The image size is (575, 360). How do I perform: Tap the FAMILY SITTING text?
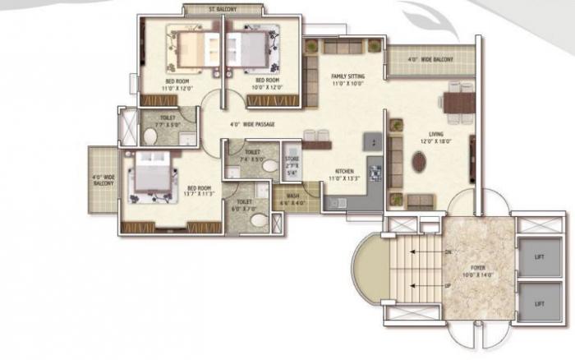(x=347, y=76)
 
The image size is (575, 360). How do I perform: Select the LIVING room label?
(x=436, y=134)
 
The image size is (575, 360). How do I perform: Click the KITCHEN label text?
(x=343, y=172)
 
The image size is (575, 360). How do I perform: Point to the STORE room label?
(x=292, y=159)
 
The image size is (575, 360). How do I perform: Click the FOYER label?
(x=476, y=265)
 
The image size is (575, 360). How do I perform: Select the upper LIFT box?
(x=539, y=257)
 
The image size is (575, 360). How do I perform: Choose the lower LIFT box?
(x=539, y=303)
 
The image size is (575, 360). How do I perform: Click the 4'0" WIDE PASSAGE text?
(x=252, y=125)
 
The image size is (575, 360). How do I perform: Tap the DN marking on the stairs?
(x=448, y=252)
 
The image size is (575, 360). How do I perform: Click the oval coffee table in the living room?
(x=420, y=161)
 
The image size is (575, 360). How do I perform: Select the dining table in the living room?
(x=457, y=103)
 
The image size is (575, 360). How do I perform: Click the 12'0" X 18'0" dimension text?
(x=436, y=141)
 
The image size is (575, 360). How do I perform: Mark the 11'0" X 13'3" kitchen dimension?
(x=343, y=179)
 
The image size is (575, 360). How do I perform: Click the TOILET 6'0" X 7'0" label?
(x=245, y=205)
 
